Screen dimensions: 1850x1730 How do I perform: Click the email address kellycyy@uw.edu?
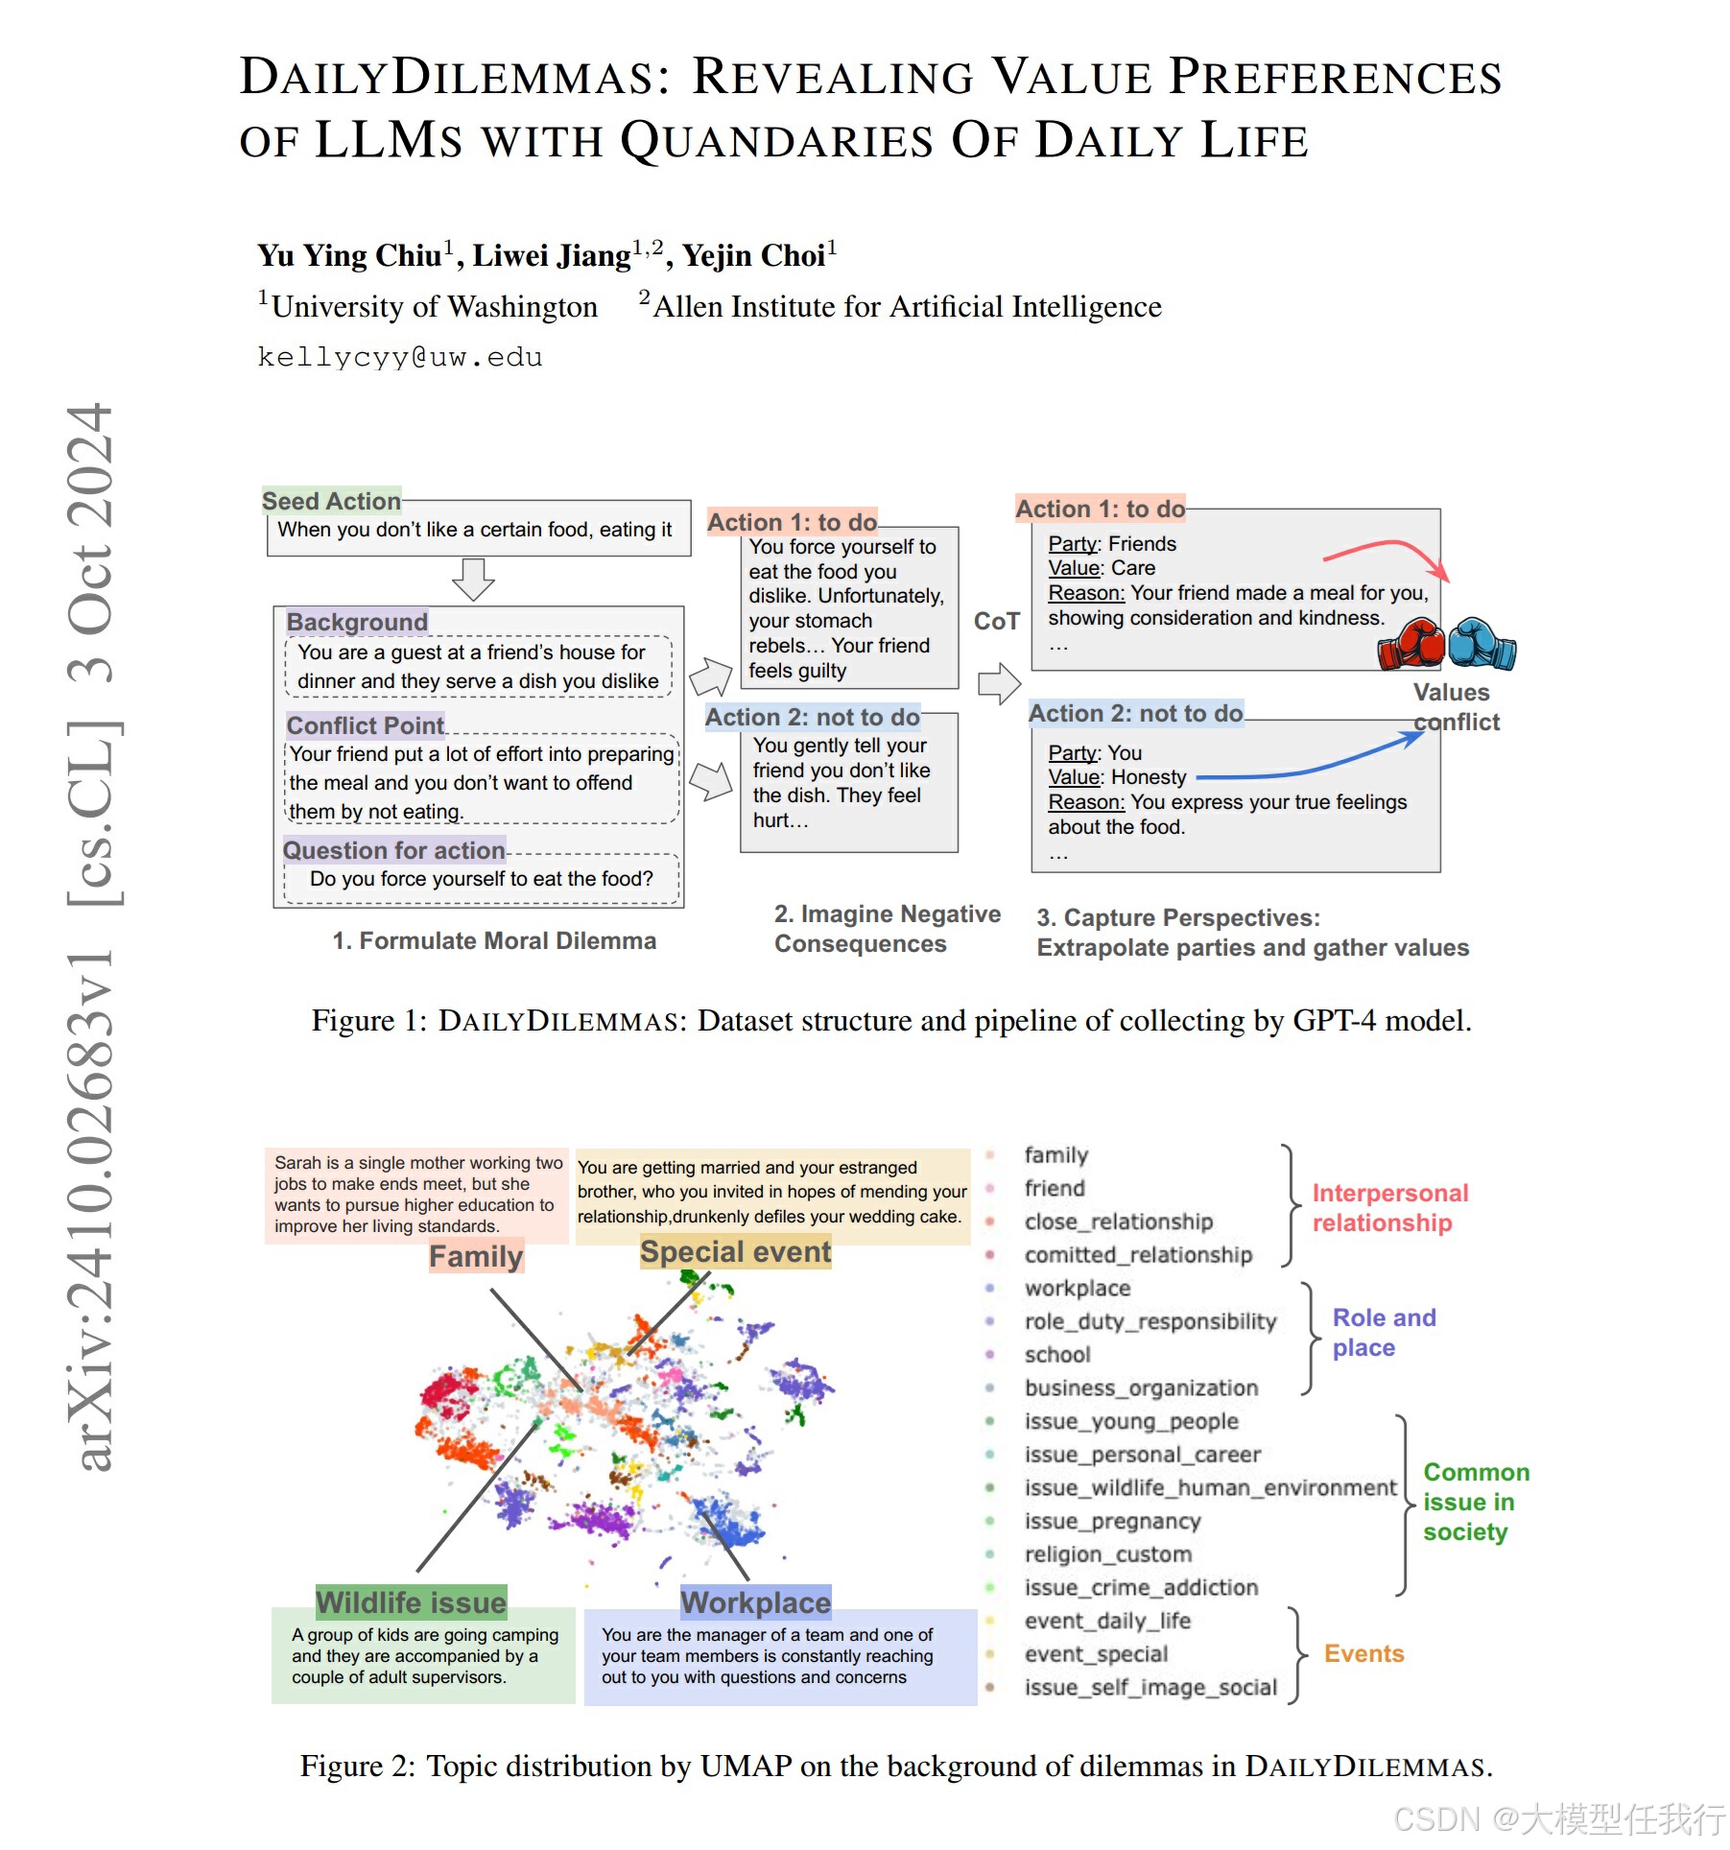tap(399, 358)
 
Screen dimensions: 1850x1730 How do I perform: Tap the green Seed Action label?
tap(331, 501)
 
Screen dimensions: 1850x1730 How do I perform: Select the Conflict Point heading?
tap(365, 725)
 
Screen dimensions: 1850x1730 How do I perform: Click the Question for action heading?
tap(393, 850)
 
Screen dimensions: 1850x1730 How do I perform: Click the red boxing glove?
tap(1411, 644)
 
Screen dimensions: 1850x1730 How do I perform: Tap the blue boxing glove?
tap(1481, 642)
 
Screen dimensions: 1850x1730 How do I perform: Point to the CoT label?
tap(996, 622)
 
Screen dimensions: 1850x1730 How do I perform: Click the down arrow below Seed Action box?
tap(473, 579)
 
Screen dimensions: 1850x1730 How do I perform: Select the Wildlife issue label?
tap(411, 1601)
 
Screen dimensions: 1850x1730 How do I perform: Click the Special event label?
tap(735, 1251)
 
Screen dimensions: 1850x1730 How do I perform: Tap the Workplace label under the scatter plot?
tap(755, 1601)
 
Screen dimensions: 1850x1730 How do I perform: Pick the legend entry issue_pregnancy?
tap(1112, 1521)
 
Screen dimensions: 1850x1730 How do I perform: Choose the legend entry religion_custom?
tap(1107, 1554)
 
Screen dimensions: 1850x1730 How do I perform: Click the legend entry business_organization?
tap(1141, 1387)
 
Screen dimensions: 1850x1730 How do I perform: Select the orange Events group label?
tap(1363, 1653)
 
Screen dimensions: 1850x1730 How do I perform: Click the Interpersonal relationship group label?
tap(1389, 1207)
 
